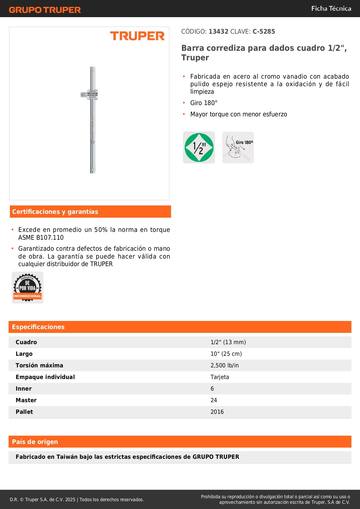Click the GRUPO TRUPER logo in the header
click(x=45, y=10)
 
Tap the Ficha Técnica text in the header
click(x=331, y=8)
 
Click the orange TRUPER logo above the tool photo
click(x=137, y=36)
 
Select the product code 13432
click(x=218, y=31)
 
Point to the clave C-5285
click(x=264, y=31)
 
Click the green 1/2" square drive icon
click(x=199, y=147)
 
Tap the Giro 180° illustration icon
click(x=238, y=147)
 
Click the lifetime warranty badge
click(x=28, y=288)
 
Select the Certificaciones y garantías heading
click(x=55, y=212)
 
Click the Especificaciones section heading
click(x=38, y=327)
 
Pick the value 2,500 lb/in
click(x=225, y=365)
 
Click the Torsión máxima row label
click(x=39, y=365)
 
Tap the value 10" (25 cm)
click(x=226, y=354)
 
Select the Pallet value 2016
click(x=217, y=412)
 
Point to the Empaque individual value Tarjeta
click(x=220, y=377)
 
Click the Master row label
click(x=26, y=400)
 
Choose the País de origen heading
click(x=35, y=442)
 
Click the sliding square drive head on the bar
click(x=89, y=95)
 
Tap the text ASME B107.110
click(x=41, y=237)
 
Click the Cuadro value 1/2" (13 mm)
click(x=228, y=342)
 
